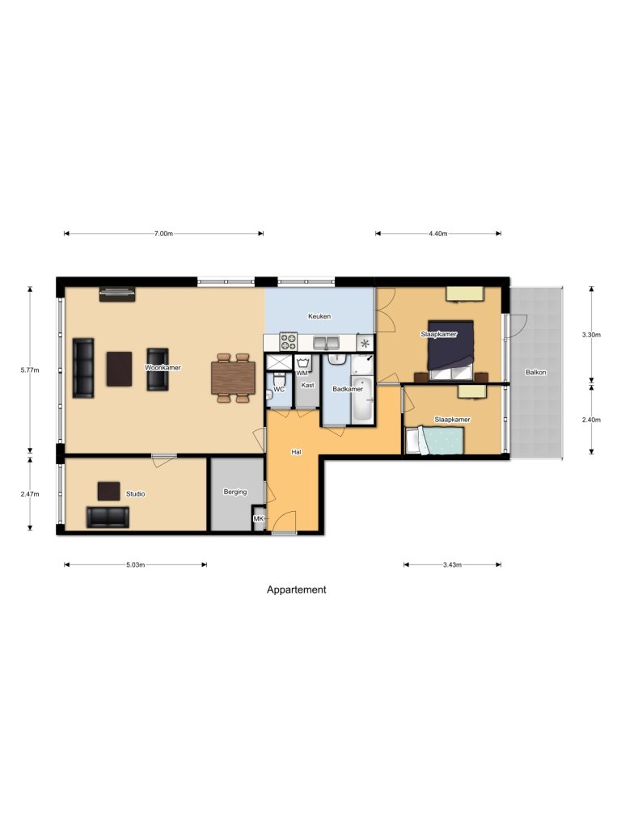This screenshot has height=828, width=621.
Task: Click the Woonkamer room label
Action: [163, 367]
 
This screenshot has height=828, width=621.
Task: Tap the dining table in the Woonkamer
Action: [233, 378]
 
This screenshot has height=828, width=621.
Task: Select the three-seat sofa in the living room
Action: [83, 368]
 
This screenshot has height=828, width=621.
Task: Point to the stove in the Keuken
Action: [289, 342]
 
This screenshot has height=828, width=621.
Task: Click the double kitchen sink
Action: [326, 342]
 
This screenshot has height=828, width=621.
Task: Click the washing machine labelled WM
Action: [303, 365]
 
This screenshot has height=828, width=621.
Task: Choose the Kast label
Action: [307, 386]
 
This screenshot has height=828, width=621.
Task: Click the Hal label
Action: [296, 452]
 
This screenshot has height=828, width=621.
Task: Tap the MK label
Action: [259, 518]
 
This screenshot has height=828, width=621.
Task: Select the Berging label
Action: [235, 491]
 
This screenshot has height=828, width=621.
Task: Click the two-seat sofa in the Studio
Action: [107, 517]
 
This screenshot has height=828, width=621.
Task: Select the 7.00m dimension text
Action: [163, 234]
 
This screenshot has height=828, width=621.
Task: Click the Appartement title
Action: [297, 589]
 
